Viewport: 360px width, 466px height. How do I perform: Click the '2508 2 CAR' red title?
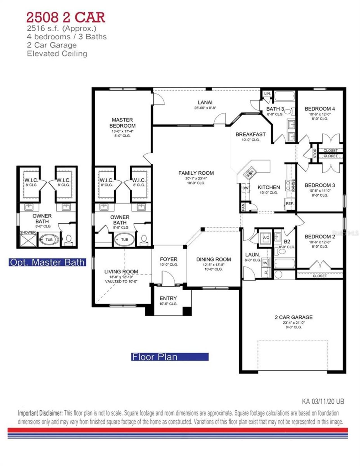(66, 17)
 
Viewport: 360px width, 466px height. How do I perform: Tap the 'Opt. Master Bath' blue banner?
(47, 262)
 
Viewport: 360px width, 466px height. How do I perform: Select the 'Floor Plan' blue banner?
(170, 357)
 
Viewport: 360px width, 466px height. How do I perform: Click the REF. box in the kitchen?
(289, 204)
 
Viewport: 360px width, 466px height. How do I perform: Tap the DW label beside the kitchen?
(245, 188)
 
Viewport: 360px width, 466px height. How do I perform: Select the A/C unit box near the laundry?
(266, 238)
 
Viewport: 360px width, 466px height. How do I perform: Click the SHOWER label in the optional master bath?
(28, 233)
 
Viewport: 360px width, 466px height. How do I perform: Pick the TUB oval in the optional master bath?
(49, 240)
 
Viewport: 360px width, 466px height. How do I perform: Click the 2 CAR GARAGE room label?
(294, 317)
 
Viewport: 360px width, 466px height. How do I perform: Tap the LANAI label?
(205, 102)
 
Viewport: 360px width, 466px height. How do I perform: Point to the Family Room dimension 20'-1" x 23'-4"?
(196, 178)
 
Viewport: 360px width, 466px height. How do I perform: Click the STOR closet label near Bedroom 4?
(315, 153)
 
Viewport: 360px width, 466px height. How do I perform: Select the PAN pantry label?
(243, 207)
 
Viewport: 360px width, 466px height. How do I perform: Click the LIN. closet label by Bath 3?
(267, 93)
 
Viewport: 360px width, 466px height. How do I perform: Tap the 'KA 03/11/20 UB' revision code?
(323, 401)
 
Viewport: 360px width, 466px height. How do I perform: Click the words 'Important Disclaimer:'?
(40, 413)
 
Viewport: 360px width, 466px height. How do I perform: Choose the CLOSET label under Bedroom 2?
(320, 276)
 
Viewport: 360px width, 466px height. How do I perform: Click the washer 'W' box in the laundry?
(265, 263)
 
